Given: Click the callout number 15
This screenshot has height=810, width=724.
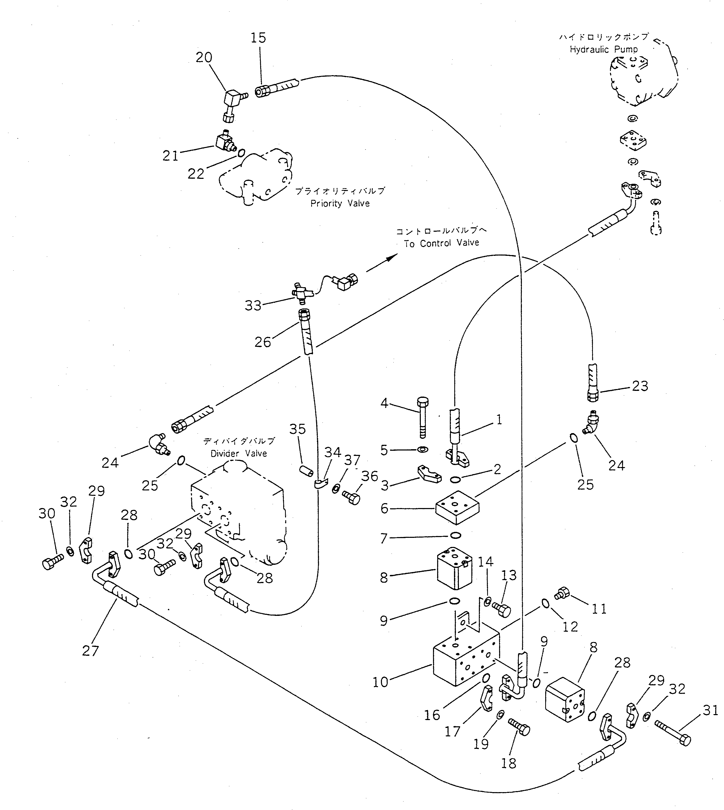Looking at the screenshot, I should (258, 38).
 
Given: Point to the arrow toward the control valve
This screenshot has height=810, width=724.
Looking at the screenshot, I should (382, 263).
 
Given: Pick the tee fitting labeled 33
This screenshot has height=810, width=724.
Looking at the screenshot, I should (302, 292).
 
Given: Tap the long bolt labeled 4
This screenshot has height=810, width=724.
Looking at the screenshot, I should (422, 416).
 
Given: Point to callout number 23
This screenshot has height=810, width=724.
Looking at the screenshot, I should (640, 386).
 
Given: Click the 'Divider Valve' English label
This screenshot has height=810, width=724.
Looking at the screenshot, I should (239, 454).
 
